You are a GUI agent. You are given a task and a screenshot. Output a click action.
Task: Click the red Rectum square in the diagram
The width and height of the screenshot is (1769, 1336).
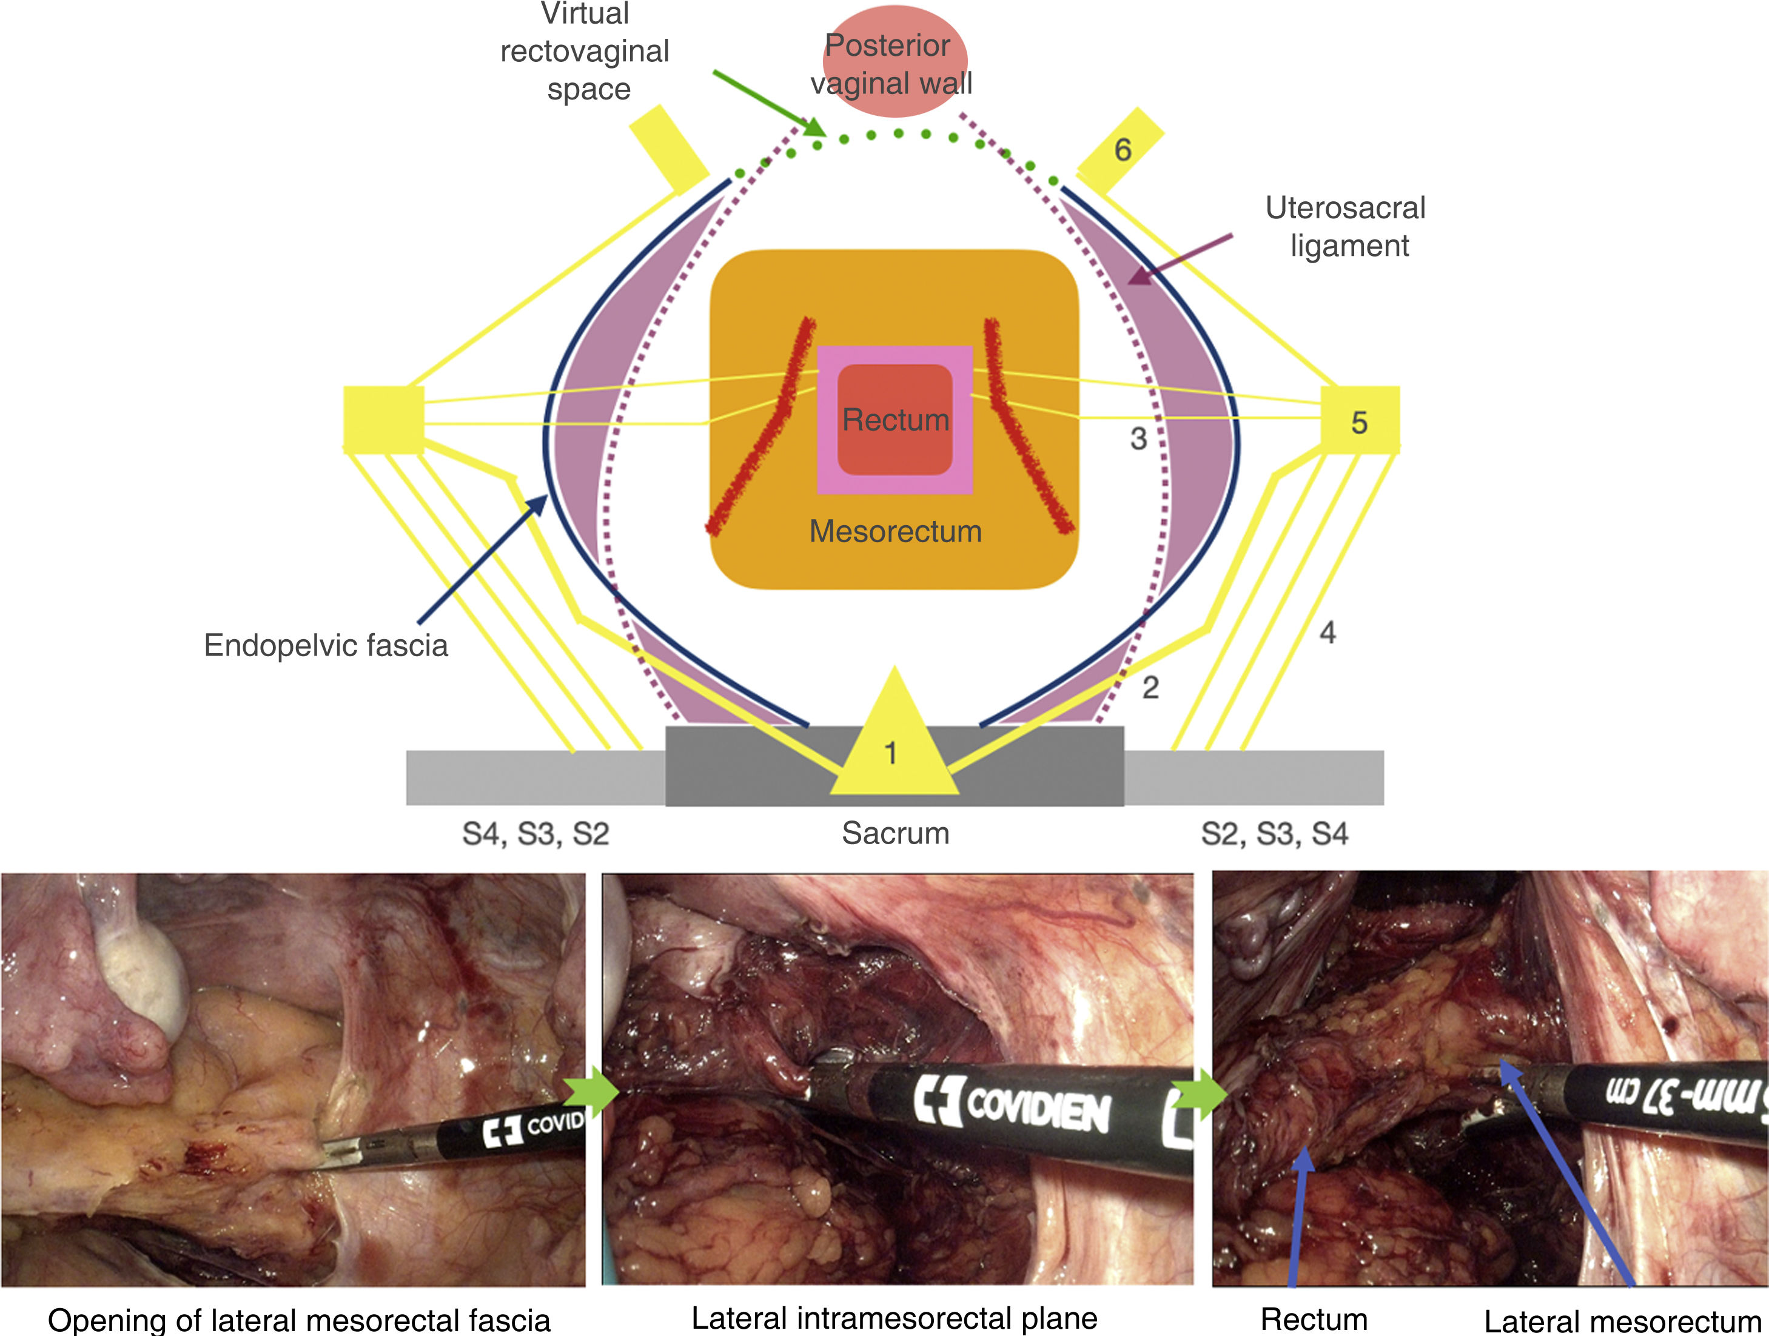895,419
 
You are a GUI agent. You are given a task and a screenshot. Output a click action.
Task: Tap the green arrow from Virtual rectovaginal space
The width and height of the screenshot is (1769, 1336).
768,103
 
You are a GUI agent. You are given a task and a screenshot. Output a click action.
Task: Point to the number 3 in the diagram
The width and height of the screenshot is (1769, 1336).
1138,438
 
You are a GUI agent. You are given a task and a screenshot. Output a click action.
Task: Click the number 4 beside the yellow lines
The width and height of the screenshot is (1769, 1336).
1328,633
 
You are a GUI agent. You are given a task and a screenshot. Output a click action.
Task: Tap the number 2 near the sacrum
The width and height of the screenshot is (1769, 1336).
1150,686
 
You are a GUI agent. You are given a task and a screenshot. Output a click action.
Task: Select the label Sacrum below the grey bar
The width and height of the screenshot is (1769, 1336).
895,833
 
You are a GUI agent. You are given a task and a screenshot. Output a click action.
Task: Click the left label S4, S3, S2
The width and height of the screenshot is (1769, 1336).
536,834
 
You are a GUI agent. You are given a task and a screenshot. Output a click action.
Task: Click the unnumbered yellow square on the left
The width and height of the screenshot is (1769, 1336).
384,420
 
